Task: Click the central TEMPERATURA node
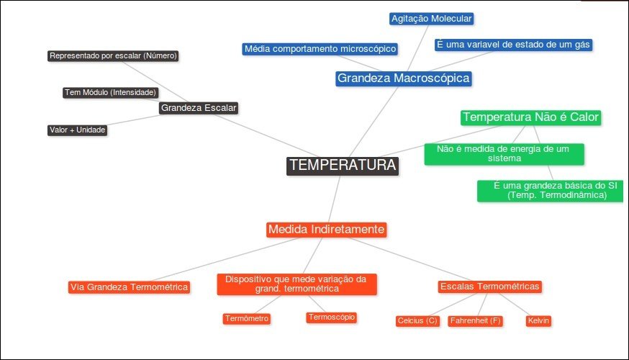click(x=342, y=166)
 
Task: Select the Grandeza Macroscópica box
click(x=403, y=78)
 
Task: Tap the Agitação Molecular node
click(x=432, y=19)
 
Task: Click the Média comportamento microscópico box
click(x=320, y=49)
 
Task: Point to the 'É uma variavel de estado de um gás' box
click(x=514, y=45)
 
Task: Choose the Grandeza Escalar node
click(x=199, y=108)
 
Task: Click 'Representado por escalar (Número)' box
click(x=113, y=55)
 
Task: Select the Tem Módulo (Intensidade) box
click(x=111, y=92)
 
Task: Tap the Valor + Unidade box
click(x=78, y=130)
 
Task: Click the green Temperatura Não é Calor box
click(x=531, y=117)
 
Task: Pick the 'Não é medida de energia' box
click(x=504, y=153)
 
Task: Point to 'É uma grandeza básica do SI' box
click(x=551, y=190)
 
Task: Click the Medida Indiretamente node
click(x=327, y=230)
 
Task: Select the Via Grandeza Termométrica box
click(x=129, y=287)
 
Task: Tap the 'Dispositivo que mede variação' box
click(x=297, y=284)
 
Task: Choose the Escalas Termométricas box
click(x=489, y=287)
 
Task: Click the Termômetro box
click(x=247, y=318)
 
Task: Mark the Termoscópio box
click(x=331, y=317)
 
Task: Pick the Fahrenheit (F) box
click(x=475, y=320)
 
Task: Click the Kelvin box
click(x=538, y=320)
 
